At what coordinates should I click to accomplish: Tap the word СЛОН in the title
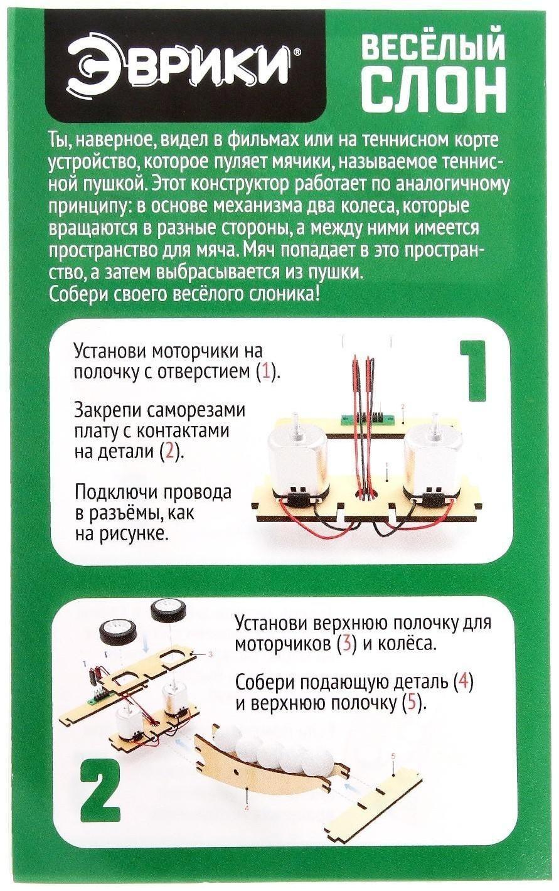point(435,89)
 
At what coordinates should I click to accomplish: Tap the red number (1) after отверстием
point(266,371)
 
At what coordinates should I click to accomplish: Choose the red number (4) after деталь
point(462,682)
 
